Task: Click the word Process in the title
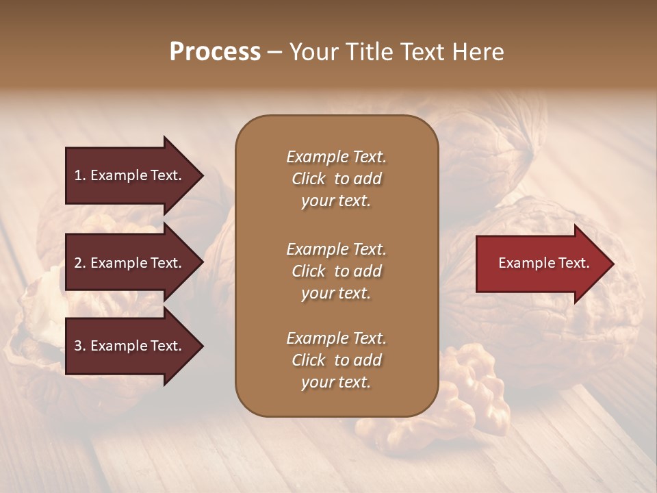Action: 215,52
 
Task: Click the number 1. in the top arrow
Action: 80,175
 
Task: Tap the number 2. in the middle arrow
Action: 80,263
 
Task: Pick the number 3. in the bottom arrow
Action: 80,346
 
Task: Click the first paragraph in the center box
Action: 336,179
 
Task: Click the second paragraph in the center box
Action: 336,270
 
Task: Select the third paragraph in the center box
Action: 336,360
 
